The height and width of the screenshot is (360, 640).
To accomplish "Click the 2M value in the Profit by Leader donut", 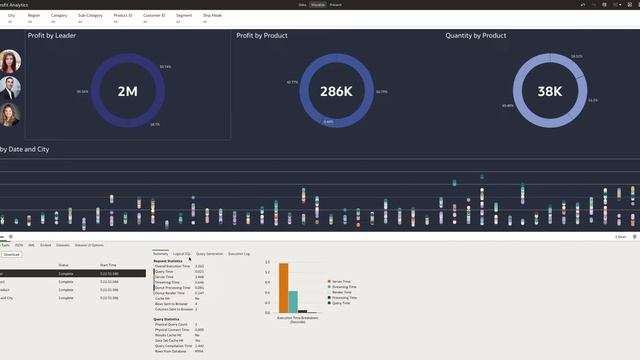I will tap(127, 91).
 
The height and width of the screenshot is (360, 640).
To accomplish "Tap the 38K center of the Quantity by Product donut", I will tap(550, 91).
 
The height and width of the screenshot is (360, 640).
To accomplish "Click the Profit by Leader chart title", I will tap(53, 36).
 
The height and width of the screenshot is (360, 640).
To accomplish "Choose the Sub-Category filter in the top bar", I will tap(91, 16).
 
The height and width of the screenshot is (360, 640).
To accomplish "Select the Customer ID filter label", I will tap(154, 16).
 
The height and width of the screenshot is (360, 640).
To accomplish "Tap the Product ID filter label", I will tap(124, 16).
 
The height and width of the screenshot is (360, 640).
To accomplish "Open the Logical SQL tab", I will tap(182, 254).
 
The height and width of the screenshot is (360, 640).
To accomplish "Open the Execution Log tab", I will tap(239, 254).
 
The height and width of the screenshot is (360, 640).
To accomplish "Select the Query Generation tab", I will tap(210, 254).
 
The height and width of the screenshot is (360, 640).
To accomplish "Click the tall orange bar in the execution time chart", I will tap(284, 289).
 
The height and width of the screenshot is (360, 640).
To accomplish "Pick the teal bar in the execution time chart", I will tap(293, 302).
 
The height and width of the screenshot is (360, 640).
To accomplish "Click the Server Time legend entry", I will tap(343, 282).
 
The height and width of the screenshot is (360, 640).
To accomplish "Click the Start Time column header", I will tap(109, 265).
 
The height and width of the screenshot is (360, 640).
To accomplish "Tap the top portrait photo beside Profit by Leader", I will tap(8, 61).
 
